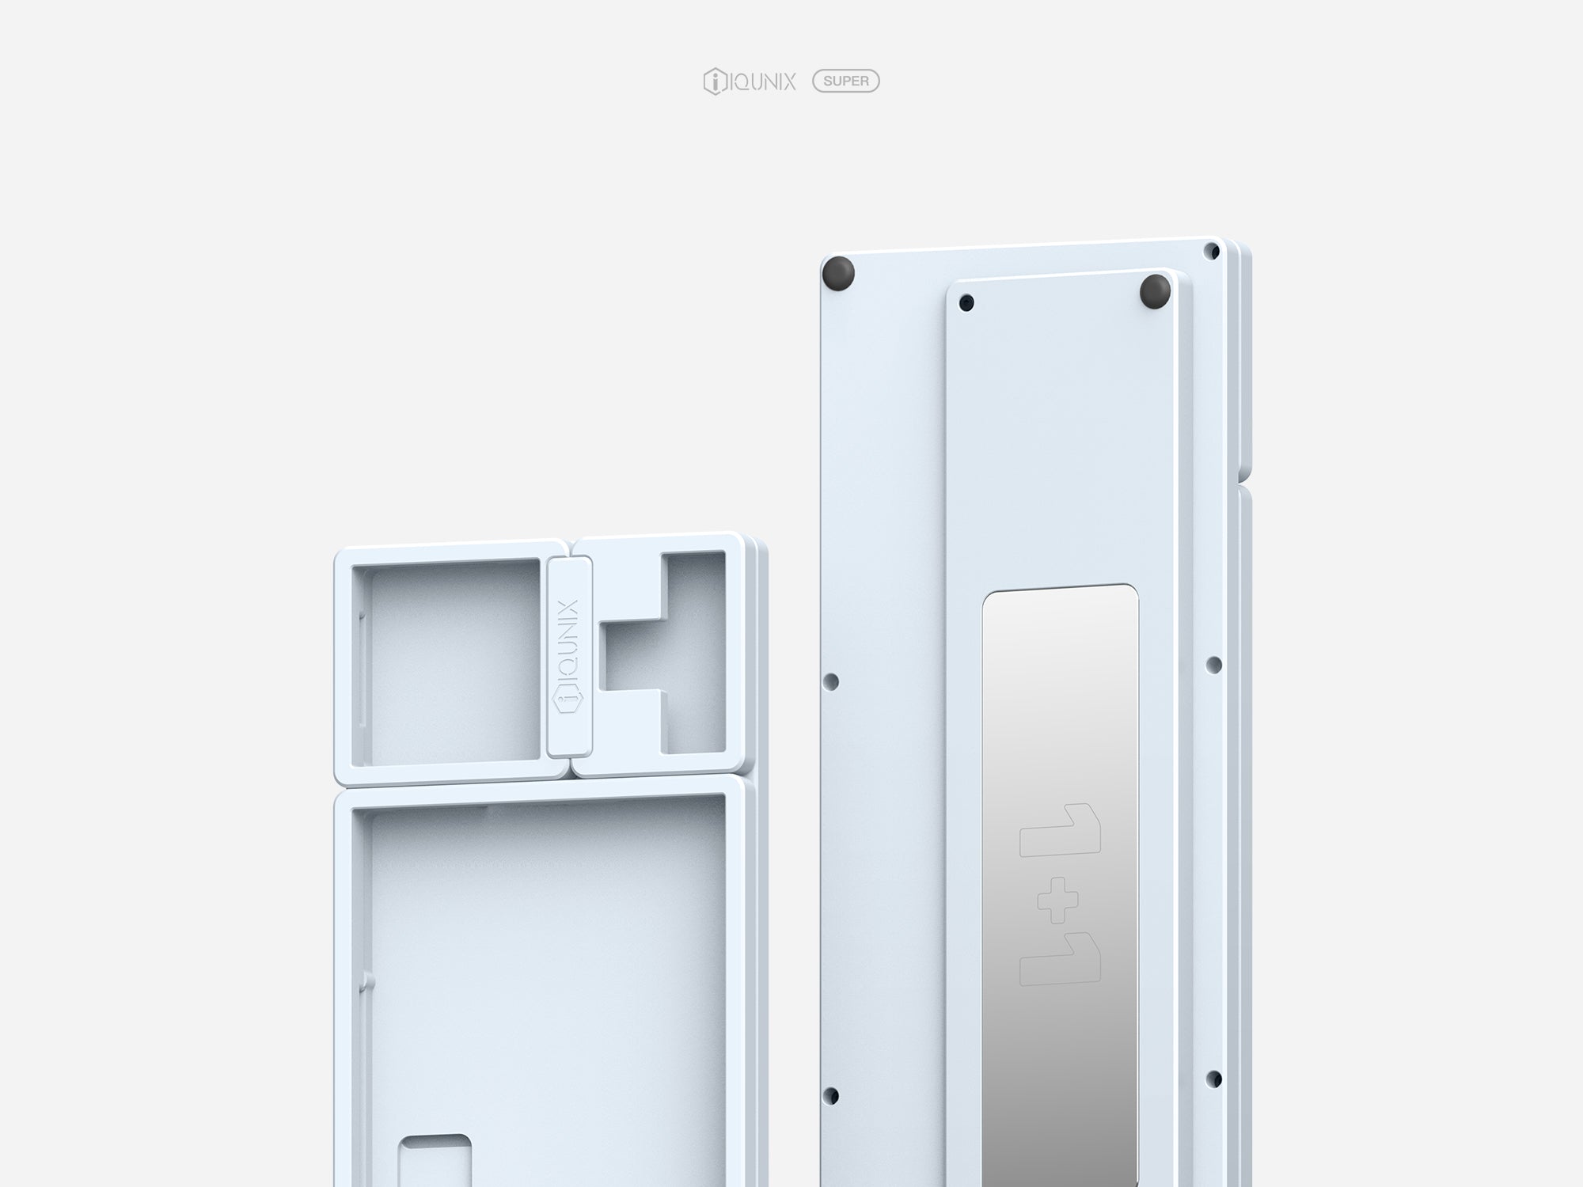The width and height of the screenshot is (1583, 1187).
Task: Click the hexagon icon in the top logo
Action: pyautogui.click(x=715, y=82)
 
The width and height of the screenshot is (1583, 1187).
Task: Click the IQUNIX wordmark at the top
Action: pyautogui.click(x=762, y=82)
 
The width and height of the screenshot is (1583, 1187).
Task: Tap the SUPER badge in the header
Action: pyautogui.click(x=846, y=81)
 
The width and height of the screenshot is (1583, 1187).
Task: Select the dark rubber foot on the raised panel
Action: pyautogui.click(x=1156, y=290)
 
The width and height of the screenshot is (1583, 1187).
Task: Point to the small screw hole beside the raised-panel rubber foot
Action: pyautogui.click(x=966, y=302)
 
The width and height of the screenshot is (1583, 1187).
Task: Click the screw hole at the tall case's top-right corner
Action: pyautogui.click(x=1211, y=251)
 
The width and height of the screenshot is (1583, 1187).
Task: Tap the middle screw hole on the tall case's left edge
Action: pyautogui.click(x=831, y=681)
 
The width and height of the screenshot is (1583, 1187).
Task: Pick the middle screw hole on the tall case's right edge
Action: pyautogui.click(x=1213, y=664)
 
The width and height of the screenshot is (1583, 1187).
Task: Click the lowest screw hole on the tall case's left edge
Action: pyautogui.click(x=831, y=1095)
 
